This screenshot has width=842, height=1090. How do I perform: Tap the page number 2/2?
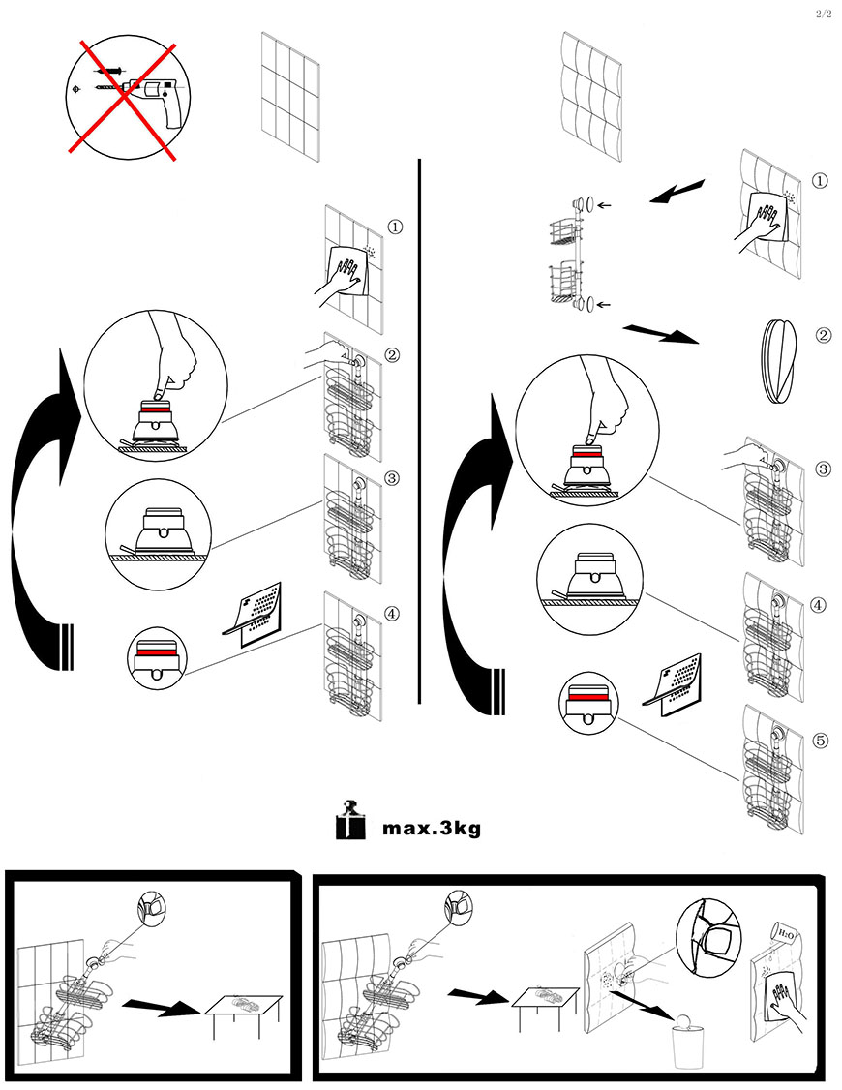pos(824,15)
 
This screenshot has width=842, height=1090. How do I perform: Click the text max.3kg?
pos(432,828)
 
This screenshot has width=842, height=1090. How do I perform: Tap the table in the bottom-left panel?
pos(243,1012)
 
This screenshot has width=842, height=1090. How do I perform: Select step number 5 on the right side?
pos(820,741)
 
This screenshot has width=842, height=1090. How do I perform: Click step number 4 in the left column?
pos(393,613)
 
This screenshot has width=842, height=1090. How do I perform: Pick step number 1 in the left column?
pos(395,227)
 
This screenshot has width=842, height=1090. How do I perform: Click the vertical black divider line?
pos(420,431)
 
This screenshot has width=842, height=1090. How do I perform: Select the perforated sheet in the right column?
pos(673,684)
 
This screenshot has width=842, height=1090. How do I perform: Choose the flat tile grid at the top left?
pos(290,97)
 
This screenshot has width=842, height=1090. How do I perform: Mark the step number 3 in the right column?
pos(823,469)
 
